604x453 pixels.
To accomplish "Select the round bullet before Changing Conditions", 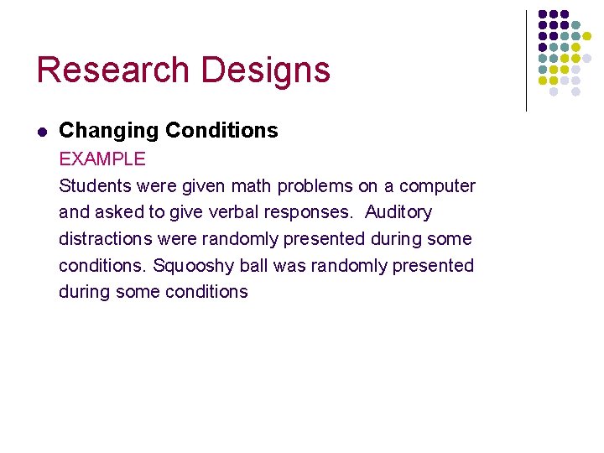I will click(x=41, y=132).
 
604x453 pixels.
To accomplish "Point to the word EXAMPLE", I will click(x=102, y=159).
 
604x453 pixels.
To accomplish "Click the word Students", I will click(x=92, y=185).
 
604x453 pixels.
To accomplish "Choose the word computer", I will click(x=437, y=186).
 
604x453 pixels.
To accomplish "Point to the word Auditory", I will click(x=398, y=212).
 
